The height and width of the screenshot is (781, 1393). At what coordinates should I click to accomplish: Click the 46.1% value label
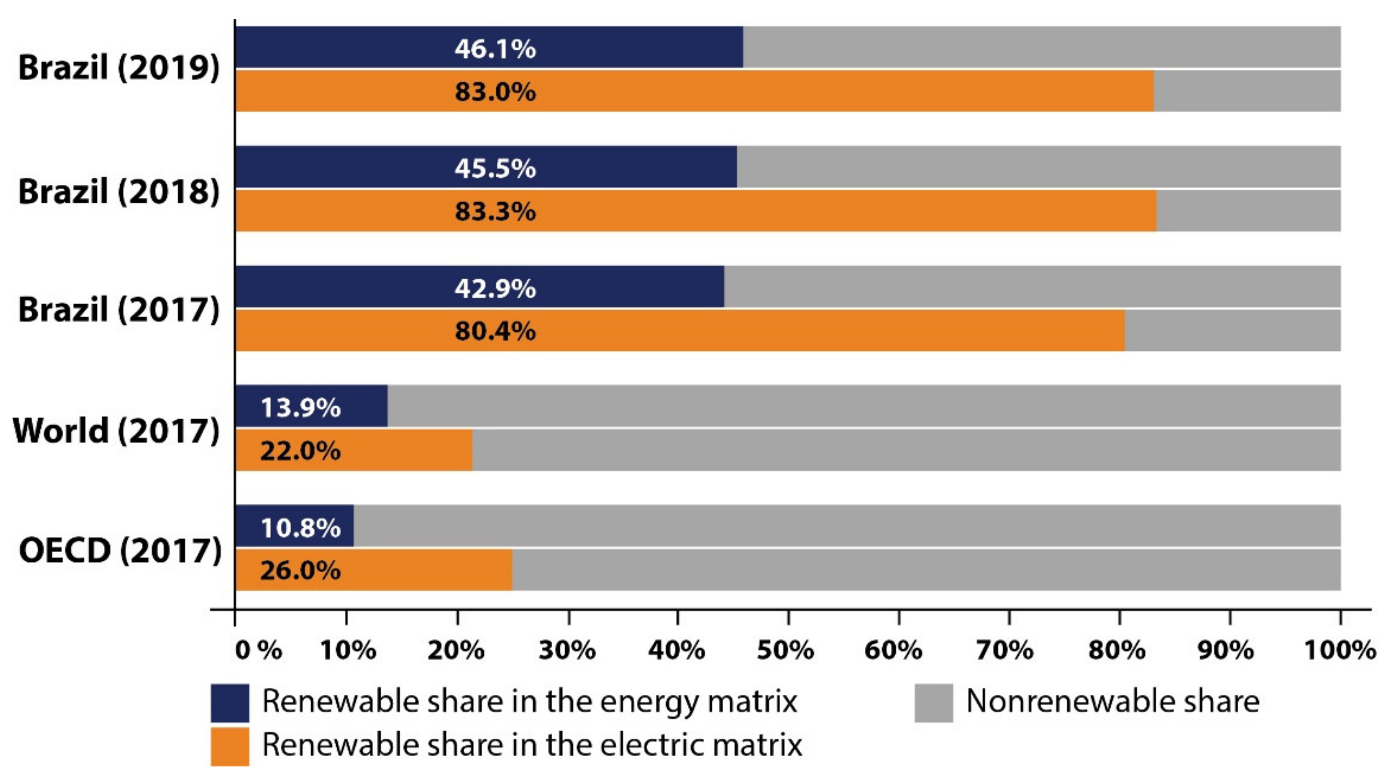click(495, 49)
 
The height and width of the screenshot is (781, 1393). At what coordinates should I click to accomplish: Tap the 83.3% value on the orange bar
click(495, 211)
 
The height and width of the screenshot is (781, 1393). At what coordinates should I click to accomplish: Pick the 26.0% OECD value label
click(301, 570)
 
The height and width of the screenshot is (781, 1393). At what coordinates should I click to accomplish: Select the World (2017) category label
click(116, 431)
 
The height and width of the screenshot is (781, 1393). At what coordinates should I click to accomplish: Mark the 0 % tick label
click(258, 649)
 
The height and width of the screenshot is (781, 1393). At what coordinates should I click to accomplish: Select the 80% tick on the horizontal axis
click(1117, 649)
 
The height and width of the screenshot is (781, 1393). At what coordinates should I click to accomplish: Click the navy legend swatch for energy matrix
click(230, 703)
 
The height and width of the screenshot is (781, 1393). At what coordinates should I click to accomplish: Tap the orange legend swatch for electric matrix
click(230, 747)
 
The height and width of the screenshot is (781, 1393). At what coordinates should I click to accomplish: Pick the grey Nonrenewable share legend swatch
click(933, 703)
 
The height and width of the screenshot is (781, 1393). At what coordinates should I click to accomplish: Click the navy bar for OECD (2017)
click(295, 526)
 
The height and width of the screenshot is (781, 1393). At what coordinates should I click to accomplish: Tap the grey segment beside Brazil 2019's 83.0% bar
click(1247, 91)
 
